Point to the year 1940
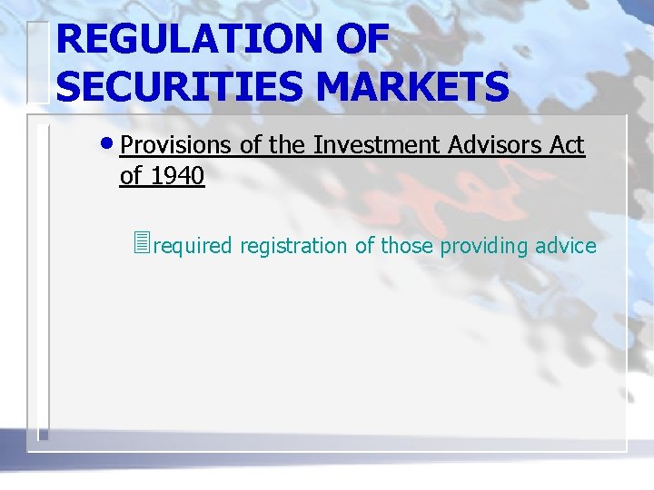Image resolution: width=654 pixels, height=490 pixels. (178, 176)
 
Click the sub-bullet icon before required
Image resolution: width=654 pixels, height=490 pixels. (140, 244)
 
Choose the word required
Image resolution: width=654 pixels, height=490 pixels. (193, 246)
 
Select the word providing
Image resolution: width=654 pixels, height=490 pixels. (484, 246)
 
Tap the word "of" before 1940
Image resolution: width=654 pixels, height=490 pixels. (131, 176)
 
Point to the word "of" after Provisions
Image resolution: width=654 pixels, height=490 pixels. (251, 145)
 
